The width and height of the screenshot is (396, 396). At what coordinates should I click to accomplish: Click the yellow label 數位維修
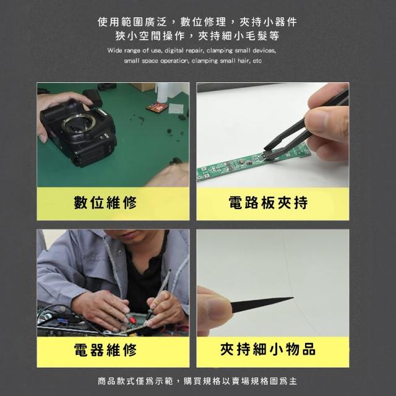[x=105, y=202]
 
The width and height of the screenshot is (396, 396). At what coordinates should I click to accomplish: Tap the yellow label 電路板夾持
[x=268, y=202]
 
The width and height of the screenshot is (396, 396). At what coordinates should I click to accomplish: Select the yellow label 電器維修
[x=105, y=350]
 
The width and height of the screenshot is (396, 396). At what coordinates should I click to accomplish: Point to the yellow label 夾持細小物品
[x=268, y=349]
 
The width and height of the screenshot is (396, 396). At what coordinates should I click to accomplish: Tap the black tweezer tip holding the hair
[x=262, y=304]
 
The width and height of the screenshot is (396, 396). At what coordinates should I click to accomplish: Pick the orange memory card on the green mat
[x=155, y=108]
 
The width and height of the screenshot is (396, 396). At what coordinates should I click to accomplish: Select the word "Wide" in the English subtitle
[x=114, y=51]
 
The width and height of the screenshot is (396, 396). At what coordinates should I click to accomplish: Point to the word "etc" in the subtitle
[x=257, y=61]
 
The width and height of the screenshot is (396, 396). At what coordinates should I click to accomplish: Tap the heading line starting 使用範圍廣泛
[x=197, y=22]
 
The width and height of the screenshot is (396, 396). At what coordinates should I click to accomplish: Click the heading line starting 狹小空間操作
[x=197, y=36]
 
